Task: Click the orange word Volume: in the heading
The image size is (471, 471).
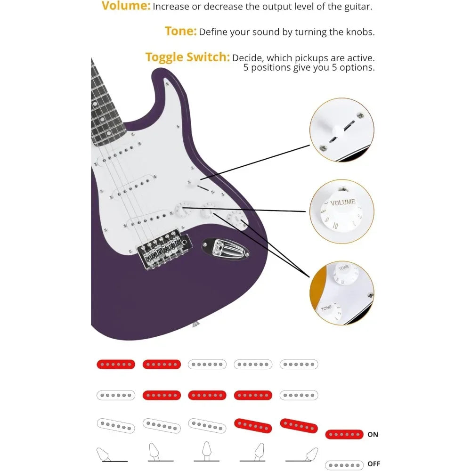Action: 126,7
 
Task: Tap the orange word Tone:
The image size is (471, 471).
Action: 180,31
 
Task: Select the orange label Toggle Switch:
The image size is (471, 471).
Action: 187,57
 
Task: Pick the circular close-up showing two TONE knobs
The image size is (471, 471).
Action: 341,293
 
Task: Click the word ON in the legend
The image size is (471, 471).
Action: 373,435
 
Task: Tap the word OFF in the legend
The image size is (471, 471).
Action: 374,464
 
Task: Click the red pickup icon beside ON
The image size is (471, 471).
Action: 344,435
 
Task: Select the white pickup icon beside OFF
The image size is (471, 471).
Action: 344,464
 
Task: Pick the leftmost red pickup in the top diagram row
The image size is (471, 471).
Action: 116,364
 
